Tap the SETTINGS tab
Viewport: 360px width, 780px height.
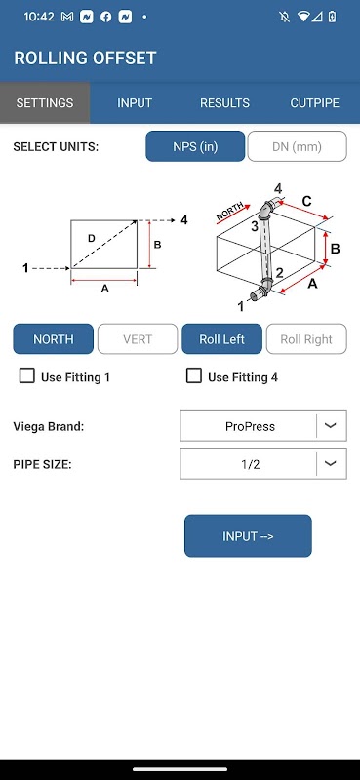coord(45,103)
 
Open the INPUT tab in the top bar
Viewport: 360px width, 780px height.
coord(135,103)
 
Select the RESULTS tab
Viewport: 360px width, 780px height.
coord(224,103)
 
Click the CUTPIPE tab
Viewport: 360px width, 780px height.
coord(315,103)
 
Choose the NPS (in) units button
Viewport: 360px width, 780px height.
coord(195,146)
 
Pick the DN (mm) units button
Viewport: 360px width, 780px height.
coord(297,146)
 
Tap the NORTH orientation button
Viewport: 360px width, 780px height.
coord(54,338)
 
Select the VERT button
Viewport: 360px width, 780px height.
coord(138,338)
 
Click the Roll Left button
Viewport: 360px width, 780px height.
coord(221,338)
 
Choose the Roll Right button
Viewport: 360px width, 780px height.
coord(306,338)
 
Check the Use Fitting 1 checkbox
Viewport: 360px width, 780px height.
coord(27,375)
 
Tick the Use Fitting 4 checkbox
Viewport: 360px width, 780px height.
coord(194,375)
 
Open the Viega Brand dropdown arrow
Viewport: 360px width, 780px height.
coord(331,426)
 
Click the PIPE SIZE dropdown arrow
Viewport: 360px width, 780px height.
coord(331,464)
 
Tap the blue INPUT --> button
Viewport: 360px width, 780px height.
coord(248,535)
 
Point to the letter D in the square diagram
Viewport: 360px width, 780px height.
coord(91,238)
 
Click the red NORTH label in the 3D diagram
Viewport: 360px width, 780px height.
coord(230,211)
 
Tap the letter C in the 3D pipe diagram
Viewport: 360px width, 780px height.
coord(306,201)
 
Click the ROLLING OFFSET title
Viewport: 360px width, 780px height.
coord(85,58)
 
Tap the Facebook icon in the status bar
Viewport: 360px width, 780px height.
coord(105,17)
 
